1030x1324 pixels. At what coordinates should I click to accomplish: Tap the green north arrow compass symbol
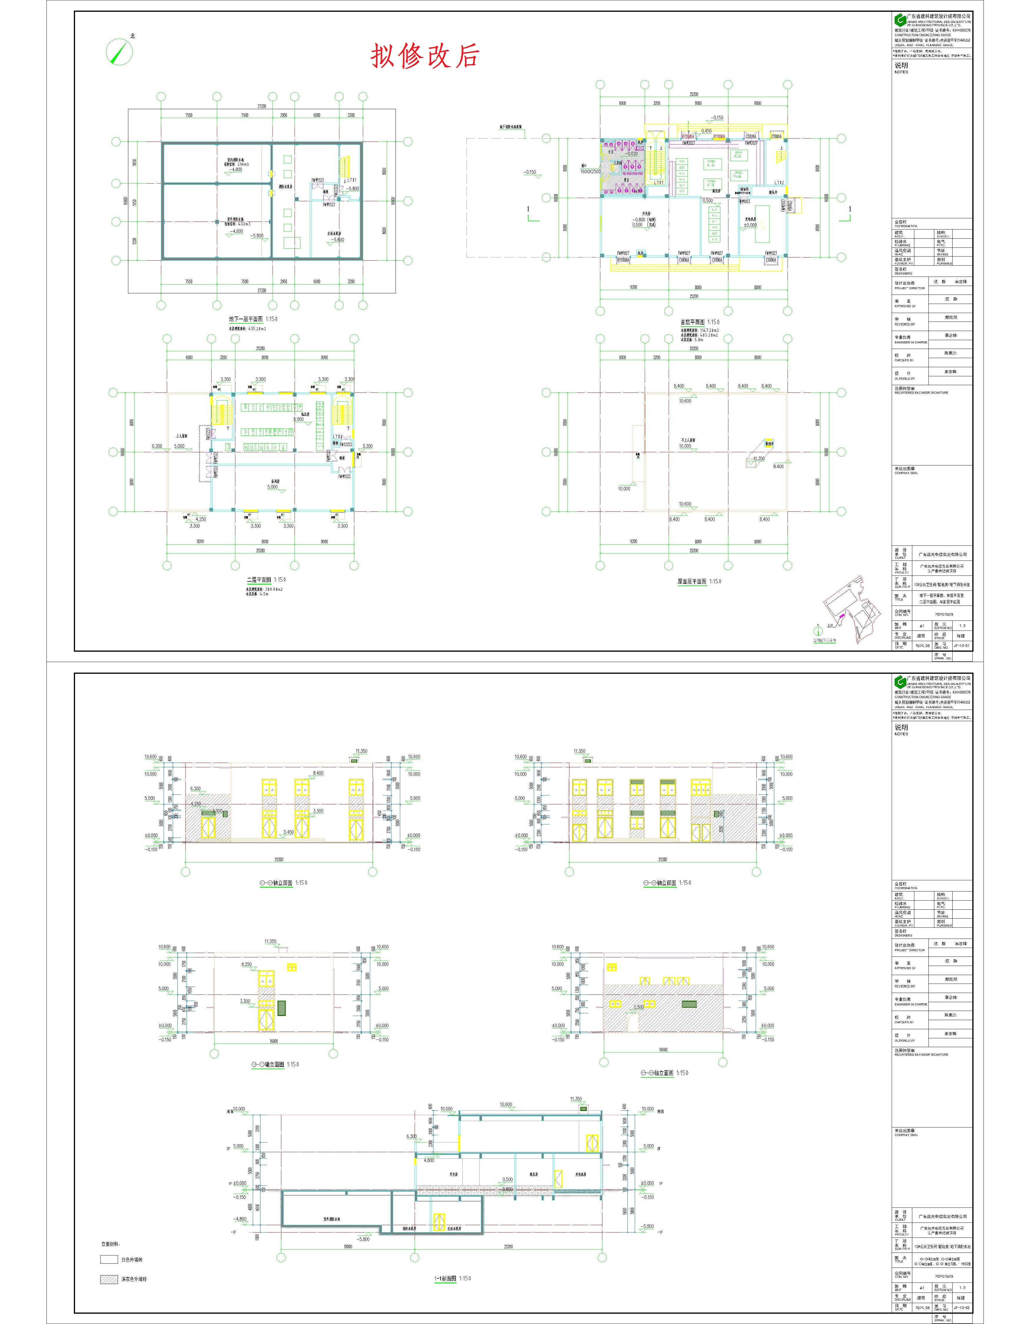[119, 51]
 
